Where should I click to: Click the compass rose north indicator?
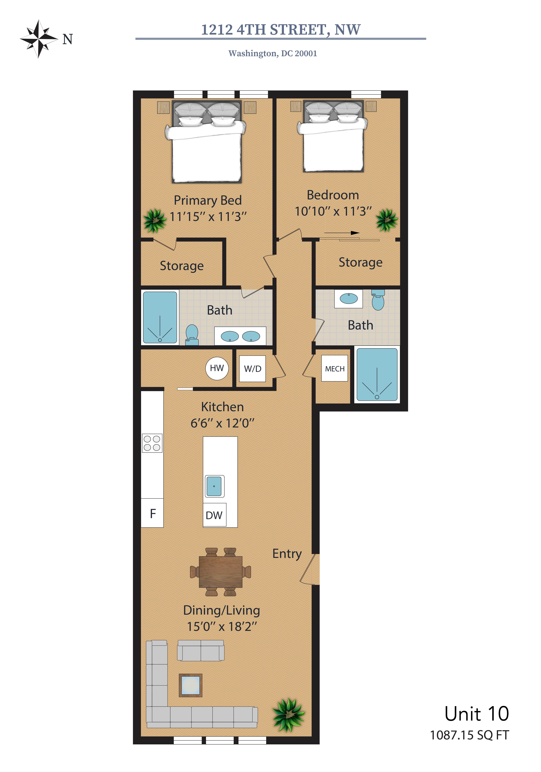coord(39,39)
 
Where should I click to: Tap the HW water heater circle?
coord(217,368)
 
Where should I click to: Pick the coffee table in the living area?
coord(190,685)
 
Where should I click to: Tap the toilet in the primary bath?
coord(192,335)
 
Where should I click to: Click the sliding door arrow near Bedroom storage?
coord(342,233)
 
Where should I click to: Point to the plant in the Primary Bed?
coord(155,221)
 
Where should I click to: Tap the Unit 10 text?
coord(477,714)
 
